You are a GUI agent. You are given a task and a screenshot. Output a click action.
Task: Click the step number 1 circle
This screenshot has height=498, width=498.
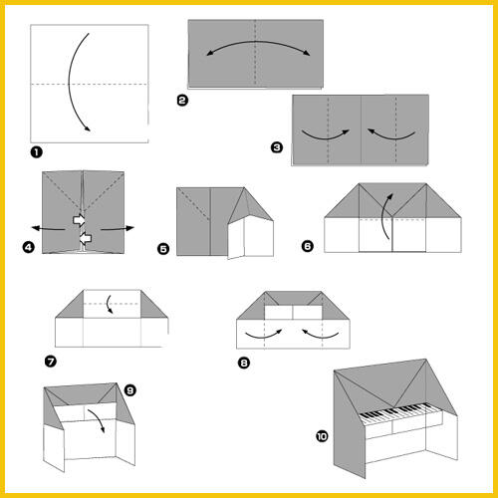pyautogui.click(x=36, y=152)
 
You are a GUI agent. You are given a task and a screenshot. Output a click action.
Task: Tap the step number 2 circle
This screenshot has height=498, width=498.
pyautogui.click(x=182, y=101)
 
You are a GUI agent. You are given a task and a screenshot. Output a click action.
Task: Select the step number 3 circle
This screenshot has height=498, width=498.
pyautogui.click(x=277, y=147)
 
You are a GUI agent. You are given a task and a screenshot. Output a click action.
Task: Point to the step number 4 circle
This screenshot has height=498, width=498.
pyautogui.click(x=29, y=247)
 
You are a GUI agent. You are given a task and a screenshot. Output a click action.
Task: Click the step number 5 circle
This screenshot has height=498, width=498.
pyautogui.click(x=163, y=249)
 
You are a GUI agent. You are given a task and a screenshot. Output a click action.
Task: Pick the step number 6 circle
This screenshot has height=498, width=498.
pyautogui.click(x=307, y=246)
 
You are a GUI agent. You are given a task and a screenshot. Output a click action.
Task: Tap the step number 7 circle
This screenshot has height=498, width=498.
pyautogui.click(x=51, y=362)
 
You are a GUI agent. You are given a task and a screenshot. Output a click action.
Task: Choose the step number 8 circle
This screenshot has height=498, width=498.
pyautogui.click(x=244, y=363)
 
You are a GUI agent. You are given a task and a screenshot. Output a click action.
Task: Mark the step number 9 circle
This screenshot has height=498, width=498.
pyautogui.click(x=129, y=390)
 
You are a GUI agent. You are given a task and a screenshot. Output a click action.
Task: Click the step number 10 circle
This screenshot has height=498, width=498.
pyautogui.click(x=322, y=436)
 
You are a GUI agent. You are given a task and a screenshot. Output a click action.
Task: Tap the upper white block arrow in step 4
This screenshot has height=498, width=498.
pyautogui.click(x=79, y=220)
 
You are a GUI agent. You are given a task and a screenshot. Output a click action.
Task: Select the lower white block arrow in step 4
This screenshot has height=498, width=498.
pyautogui.click(x=86, y=238)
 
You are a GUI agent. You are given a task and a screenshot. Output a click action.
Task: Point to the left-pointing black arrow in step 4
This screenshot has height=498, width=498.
pyautogui.click(x=48, y=228)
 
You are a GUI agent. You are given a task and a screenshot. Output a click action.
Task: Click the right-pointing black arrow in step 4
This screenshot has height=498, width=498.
pyautogui.click(x=118, y=228)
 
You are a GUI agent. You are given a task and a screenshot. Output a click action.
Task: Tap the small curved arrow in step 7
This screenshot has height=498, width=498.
pyautogui.click(x=108, y=304)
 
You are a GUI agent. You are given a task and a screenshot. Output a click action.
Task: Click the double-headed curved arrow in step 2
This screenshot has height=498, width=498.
pyautogui.click(x=258, y=42)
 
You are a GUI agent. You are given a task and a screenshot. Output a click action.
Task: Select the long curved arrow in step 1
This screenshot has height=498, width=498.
pyautogui.click(x=69, y=82)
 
